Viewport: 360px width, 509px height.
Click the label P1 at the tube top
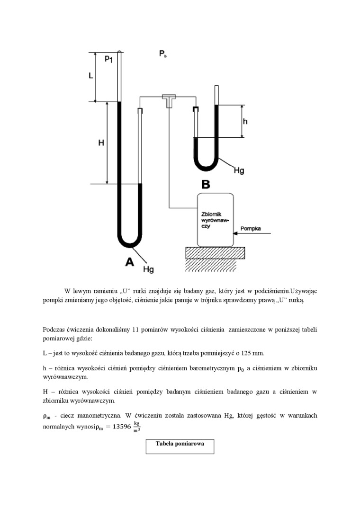tap(108, 59)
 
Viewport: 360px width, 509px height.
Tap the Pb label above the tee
tap(162, 54)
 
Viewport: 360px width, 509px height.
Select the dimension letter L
tap(91, 76)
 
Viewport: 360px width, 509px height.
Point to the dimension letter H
tap(101, 142)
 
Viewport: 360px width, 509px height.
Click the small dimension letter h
tap(245, 121)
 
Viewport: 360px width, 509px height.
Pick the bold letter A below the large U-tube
tap(129, 262)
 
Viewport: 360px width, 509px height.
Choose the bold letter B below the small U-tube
tap(206, 184)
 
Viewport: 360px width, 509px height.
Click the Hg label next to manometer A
tap(148, 269)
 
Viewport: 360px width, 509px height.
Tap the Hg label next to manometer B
tap(239, 170)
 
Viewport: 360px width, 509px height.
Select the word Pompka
tap(250, 228)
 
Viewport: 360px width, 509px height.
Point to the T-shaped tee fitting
tap(168, 100)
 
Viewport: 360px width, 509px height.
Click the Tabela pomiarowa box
tap(180, 446)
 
